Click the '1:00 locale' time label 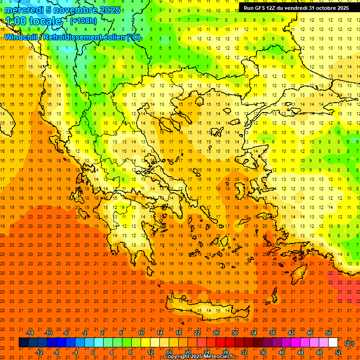coord(34,21)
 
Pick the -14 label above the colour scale coord(30,332)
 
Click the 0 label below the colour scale coord(93,352)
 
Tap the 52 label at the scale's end coord(338,352)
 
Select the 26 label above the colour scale coord(216,332)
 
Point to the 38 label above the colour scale coord(272,332)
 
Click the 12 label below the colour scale coord(150,352)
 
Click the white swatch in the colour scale coord(333,343)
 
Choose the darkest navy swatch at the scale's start coord(23,343)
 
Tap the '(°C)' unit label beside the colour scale coord(349,343)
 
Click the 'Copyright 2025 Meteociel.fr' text coord(199,357)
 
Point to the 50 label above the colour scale coord(329,332)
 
